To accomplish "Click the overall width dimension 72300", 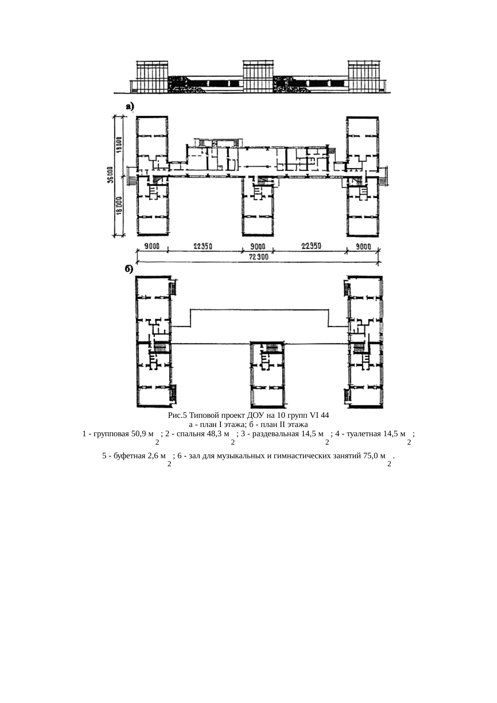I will (259, 258).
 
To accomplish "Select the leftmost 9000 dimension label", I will (152, 247).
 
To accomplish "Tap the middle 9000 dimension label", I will (257, 247).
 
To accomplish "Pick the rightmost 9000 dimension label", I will (363, 247).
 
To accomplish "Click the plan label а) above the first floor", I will (130, 107).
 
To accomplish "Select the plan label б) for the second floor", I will (128, 270).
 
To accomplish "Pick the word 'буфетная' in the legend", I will (127, 456).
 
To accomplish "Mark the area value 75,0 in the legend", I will (371, 456).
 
